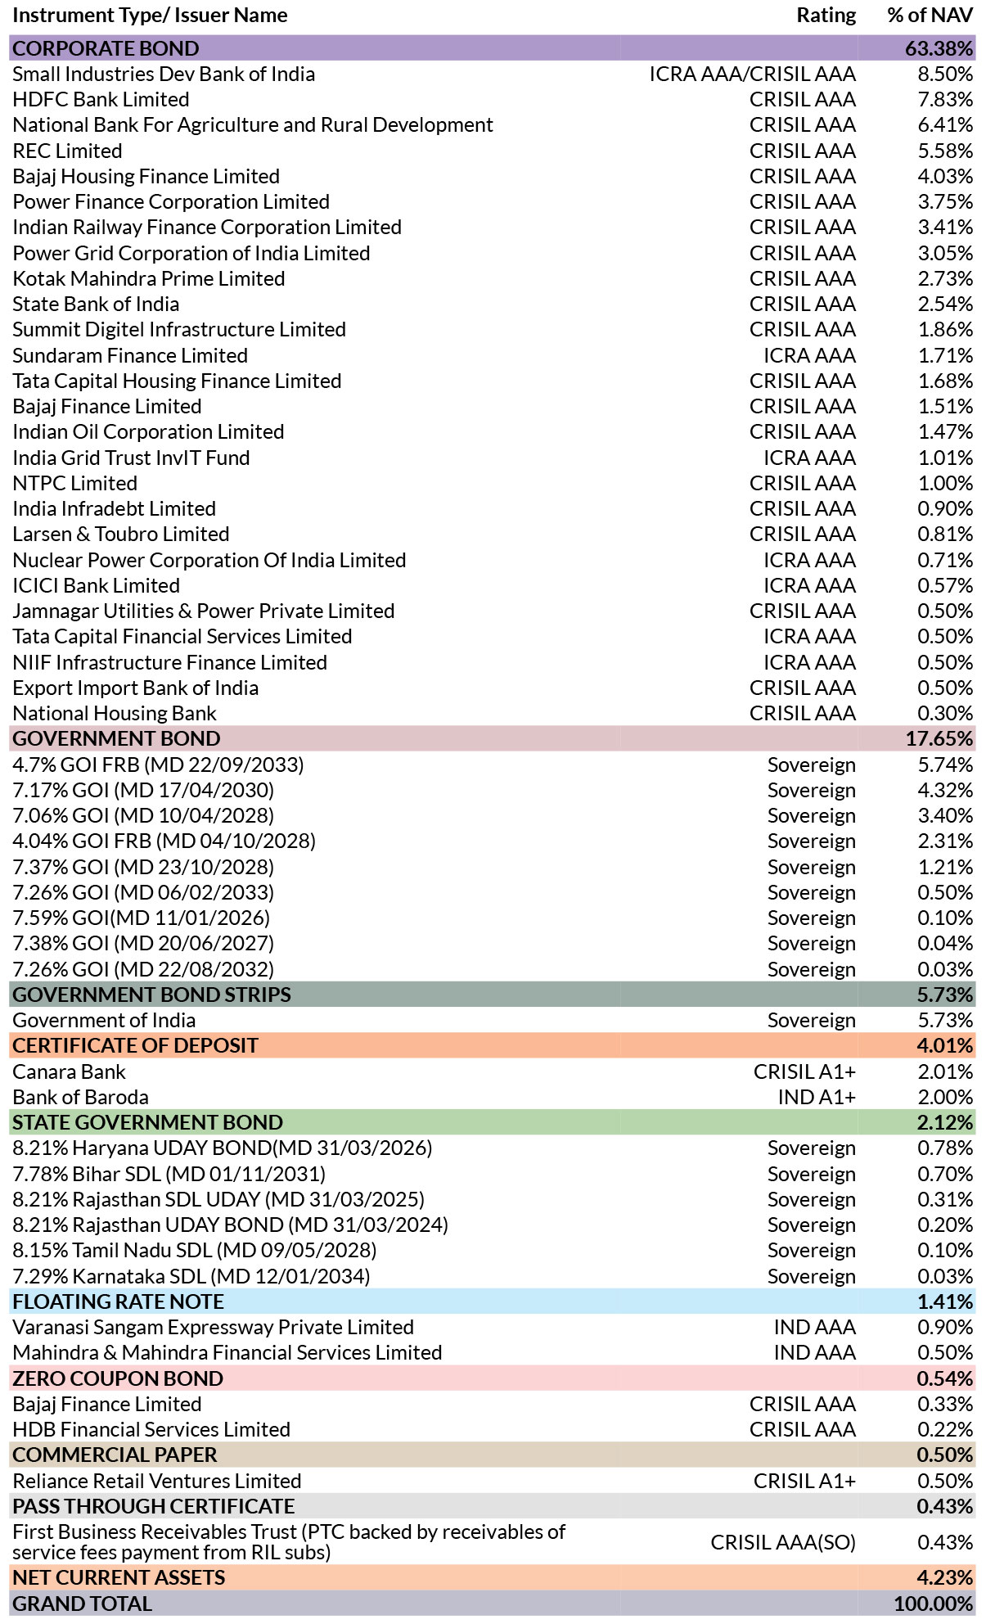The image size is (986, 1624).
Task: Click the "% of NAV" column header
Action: pyautogui.click(x=930, y=16)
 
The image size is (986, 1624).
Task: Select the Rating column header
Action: pyautogui.click(x=826, y=16)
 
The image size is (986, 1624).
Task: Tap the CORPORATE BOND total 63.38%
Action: pyautogui.click(x=939, y=48)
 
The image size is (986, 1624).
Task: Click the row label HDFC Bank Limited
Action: pyautogui.click(x=101, y=99)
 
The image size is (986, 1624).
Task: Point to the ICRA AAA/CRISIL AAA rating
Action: pyautogui.click(x=753, y=74)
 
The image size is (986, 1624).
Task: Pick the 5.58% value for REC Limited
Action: pyautogui.click(x=945, y=151)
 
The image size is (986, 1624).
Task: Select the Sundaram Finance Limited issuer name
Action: pyautogui.click(x=130, y=355)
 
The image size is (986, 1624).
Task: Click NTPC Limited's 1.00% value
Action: pyautogui.click(x=945, y=483)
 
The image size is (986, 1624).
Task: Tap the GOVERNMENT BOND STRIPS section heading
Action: pyautogui.click(x=151, y=995)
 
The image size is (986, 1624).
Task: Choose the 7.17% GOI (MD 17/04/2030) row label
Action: pyautogui.click(x=143, y=790)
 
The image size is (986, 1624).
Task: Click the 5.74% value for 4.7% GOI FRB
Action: pyautogui.click(x=945, y=765)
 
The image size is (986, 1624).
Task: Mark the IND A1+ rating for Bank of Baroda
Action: pyautogui.click(x=817, y=1097)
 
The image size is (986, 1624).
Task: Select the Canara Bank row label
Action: pyautogui.click(x=69, y=1071)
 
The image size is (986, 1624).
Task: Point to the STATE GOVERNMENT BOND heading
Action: pyautogui.click(x=147, y=1122)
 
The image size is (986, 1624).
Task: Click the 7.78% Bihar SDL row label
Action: pyautogui.click(x=169, y=1174)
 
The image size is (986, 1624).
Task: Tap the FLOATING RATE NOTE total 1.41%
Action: pyautogui.click(x=945, y=1301)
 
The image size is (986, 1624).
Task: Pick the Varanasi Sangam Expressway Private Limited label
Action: pyautogui.click(x=213, y=1327)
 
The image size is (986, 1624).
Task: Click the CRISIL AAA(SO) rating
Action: pyautogui.click(x=783, y=1542)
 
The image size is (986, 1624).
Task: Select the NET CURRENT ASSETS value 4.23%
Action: pyautogui.click(x=945, y=1577)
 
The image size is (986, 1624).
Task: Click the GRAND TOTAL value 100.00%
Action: pyautogui.click(x=934, y=1604)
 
